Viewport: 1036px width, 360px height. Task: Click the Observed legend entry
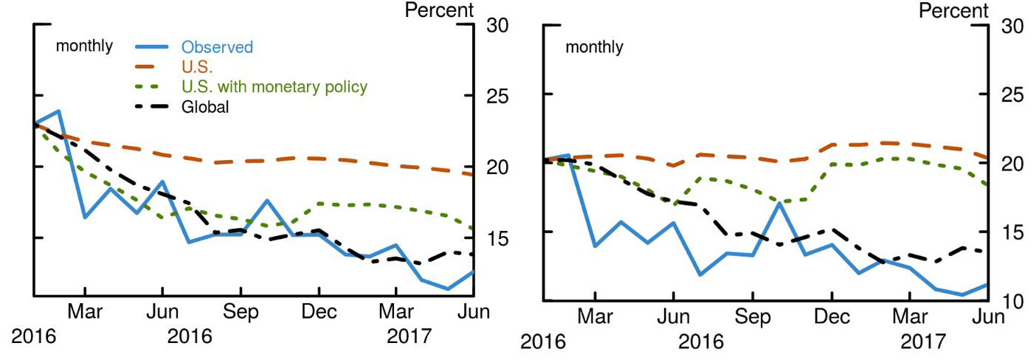(x=217, y=47)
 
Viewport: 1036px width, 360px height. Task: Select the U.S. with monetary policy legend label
(x=274, y=87)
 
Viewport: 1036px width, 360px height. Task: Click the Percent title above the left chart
(x=439, y=10)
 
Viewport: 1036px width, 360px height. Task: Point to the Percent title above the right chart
(x=953, y=10)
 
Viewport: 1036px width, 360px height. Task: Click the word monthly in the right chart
(x=594, y=48)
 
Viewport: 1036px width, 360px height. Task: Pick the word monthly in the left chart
(x=85, y=46)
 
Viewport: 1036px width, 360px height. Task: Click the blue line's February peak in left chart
(x=58, y=111)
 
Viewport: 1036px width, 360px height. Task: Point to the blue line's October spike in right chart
(x=779, y=203)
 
